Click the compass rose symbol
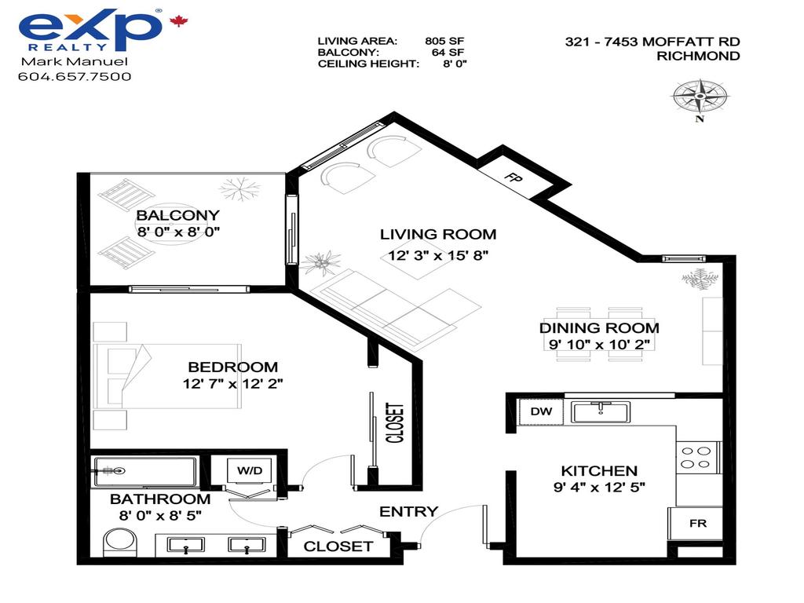699,97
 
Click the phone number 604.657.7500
75,76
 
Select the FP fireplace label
513,177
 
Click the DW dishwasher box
540,411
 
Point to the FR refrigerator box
696,523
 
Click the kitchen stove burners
695,457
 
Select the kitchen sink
601,411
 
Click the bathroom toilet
120,543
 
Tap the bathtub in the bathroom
144,471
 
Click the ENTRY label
408,511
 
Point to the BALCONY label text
178,215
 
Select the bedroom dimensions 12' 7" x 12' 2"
232,384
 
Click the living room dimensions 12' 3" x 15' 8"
437,254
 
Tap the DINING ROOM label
599,327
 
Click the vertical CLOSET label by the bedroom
394,423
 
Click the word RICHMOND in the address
697,56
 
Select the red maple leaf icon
179,21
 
